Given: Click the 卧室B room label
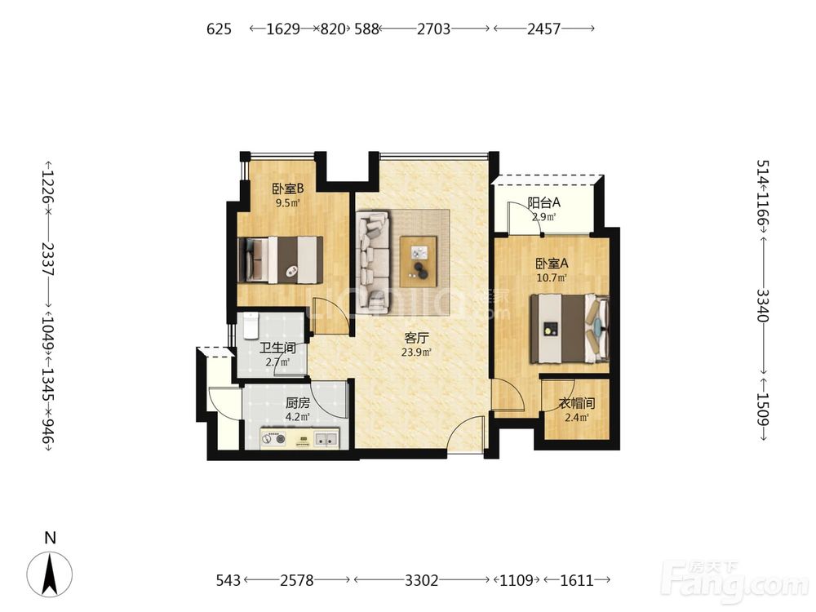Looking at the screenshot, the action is tap(288, 188).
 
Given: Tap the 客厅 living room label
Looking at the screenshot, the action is tap(416, 338).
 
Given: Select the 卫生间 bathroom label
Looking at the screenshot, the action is tap(277, 348).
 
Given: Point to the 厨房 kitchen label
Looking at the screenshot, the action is tap(298, 403).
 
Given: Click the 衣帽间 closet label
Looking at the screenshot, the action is tap(577, 403).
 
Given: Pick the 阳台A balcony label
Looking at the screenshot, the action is tap(543, 202).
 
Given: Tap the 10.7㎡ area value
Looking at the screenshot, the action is tap(552, 278).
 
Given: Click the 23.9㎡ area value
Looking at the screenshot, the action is tap(416, 353).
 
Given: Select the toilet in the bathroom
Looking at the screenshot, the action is tap(251, 326).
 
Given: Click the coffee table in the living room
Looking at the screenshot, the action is tap(419, 261).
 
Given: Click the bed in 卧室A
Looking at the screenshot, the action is tap(570, 328).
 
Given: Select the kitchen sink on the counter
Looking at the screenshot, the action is tap(326, 440).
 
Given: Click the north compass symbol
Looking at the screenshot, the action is tap(50, 574).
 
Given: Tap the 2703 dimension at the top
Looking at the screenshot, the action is tap(433, 29).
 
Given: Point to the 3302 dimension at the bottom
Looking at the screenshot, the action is tap(422, 579).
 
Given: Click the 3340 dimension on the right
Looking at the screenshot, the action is tap(762, 305).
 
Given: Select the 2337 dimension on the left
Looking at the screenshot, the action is tap(47, 258).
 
